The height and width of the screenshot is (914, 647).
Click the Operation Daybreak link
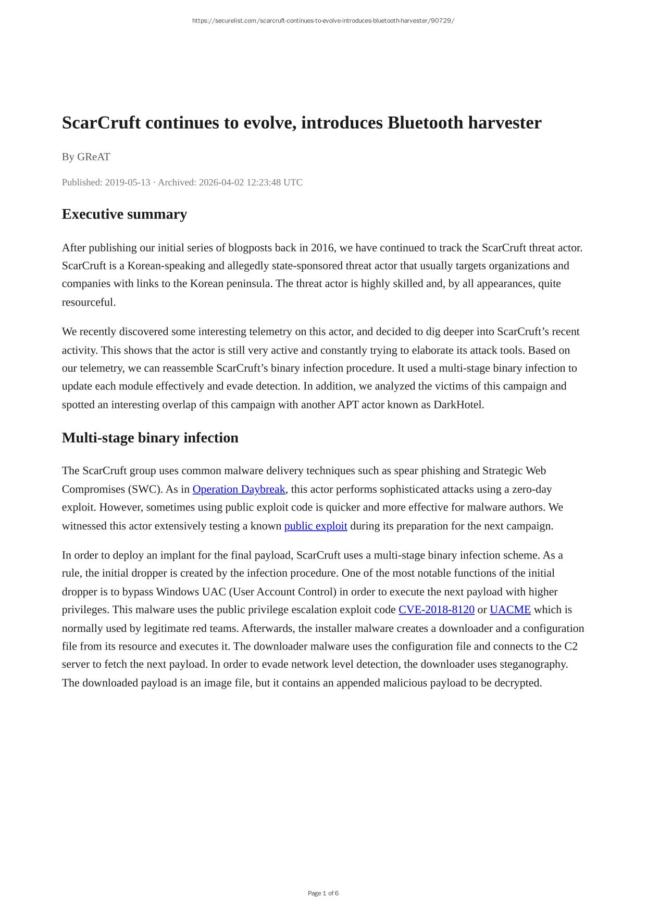pos(239,489)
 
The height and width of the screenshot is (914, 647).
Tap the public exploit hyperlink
pos(316,526)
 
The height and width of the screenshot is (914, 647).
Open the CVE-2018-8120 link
pos(436,610)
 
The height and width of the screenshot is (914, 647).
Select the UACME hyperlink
pos(510,610)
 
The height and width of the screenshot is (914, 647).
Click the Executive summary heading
pos(124,214)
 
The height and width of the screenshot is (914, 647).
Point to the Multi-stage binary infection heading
pos(150,437)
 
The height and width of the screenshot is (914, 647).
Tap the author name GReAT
pos(94,157)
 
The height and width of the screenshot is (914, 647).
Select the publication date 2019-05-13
pos(128,182)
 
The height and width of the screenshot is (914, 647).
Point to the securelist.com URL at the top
pos(323,21)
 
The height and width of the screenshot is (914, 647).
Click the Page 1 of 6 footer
pos(323,893)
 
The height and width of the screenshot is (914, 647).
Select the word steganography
pos(536,664)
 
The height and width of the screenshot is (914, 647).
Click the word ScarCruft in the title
pos(101,123)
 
